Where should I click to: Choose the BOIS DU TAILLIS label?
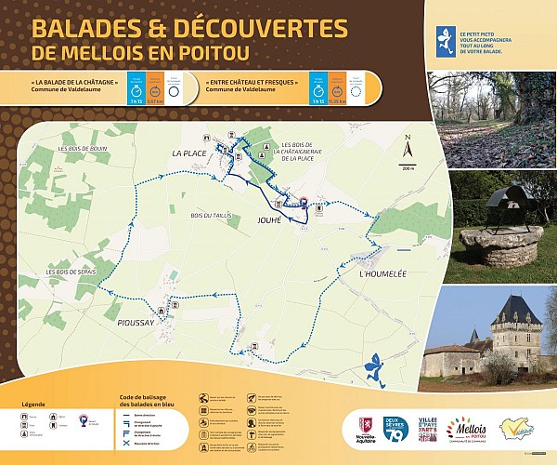209,216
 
